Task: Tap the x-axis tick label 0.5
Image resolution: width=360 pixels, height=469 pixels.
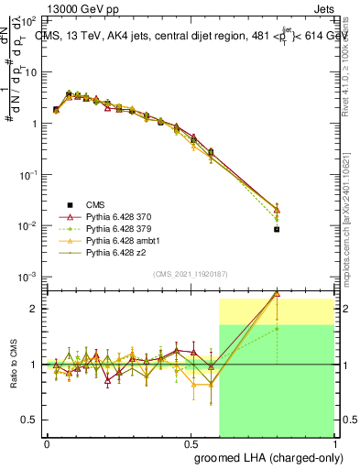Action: click(x=190, y=442)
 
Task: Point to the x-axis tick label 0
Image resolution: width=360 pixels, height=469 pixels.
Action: click(x=47, y=442)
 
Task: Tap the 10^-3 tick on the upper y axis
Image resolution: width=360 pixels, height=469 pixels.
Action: click(x=28, y=277)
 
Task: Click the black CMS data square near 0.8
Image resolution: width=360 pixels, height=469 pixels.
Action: click(x=277, y=229)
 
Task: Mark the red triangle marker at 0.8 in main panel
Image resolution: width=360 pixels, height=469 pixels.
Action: click(x=277, y=210)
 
